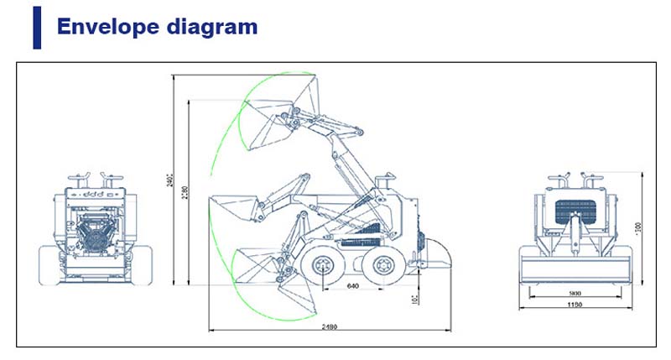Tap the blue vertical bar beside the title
[37, 29]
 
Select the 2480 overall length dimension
[328, 326]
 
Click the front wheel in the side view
[323, 267]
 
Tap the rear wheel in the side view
[382, 267]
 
